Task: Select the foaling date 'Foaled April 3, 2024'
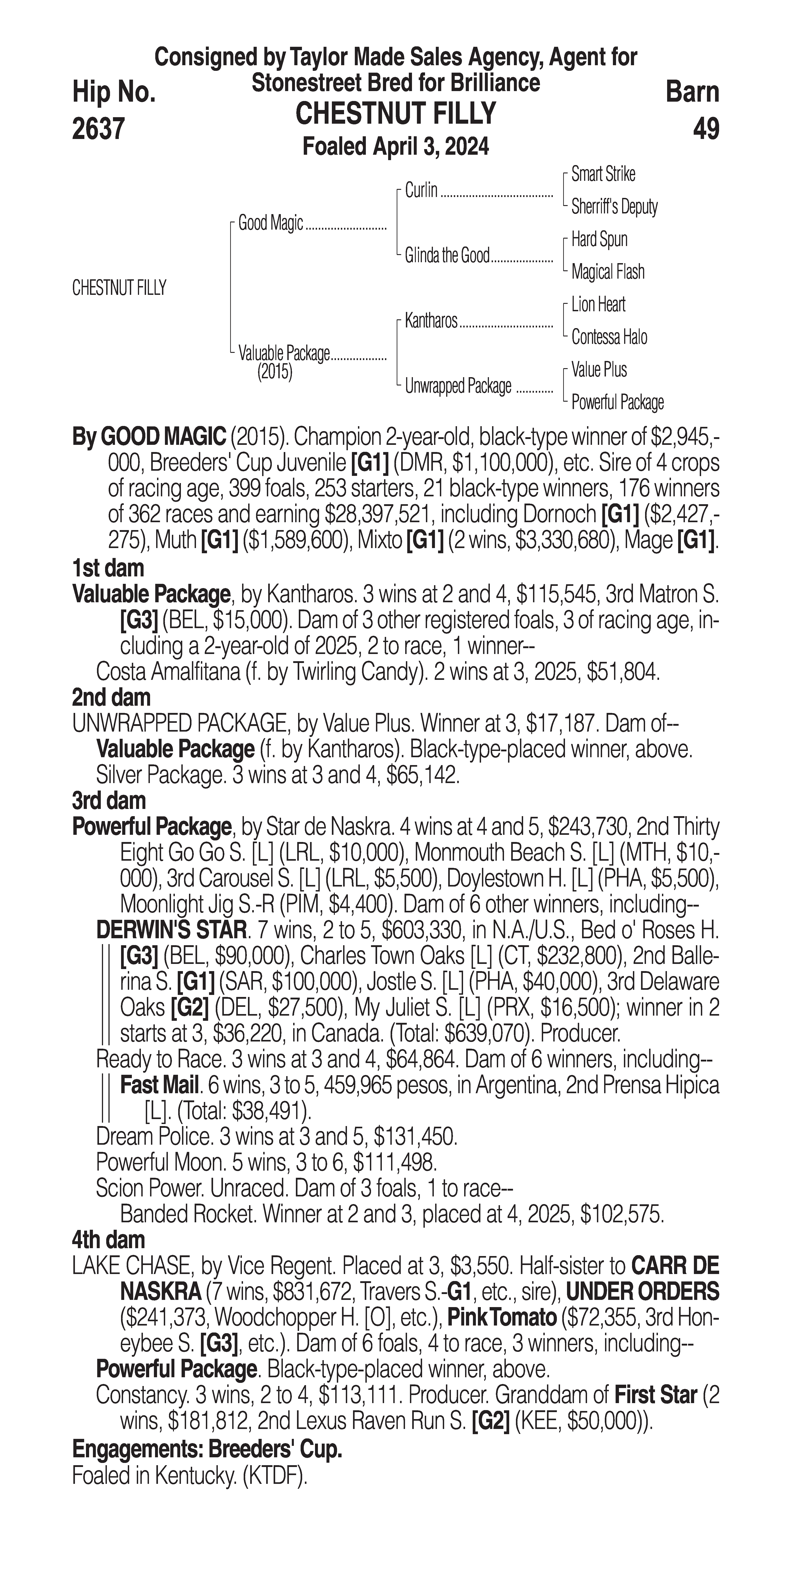click(x=396, y=147)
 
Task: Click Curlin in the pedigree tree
click(x=421, y=190)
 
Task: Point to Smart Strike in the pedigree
click(x=603, y=174)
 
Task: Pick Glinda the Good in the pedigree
click(x=447, y=255)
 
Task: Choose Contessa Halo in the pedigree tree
click(x=609, y=337)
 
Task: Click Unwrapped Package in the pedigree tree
click(x=458, y=386)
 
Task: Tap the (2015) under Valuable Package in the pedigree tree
click(x=274, y=372)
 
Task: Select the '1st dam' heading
click(x=108, y=568)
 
